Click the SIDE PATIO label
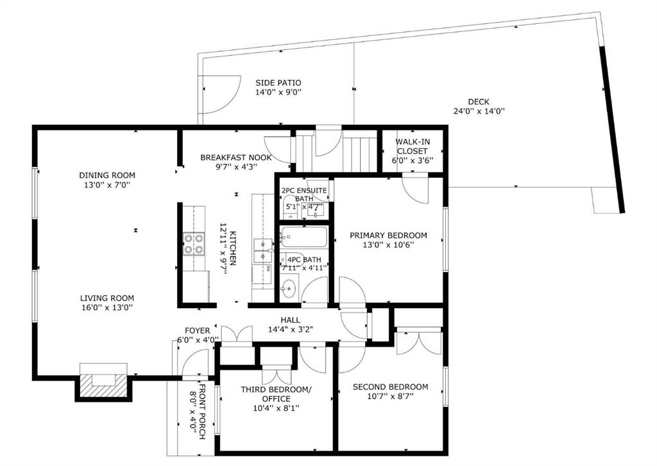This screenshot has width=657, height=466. click(278, 83)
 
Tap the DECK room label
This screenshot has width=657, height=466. click(479, 102)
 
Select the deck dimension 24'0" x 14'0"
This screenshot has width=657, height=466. click(479, 112)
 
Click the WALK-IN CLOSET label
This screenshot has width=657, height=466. click(413, 146)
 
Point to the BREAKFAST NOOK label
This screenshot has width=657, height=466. click(236, 157)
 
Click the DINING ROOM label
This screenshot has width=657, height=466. click(107, 175)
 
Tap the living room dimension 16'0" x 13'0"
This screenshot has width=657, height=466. click(107, 307)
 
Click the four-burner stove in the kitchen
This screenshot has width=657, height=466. click(194, 245)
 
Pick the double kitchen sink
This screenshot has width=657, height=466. click(263, 250)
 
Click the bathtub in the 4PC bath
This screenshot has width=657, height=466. click(303, 237)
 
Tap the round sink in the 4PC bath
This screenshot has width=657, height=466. click(288, 288)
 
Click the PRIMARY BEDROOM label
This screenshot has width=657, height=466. click(388, 236)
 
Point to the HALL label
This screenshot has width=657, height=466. click(291, 320)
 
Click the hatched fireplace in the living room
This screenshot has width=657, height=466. click(104, 385)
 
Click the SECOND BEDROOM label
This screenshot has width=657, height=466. click(391, 387)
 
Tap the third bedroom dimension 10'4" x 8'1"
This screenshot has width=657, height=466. click(276, 408)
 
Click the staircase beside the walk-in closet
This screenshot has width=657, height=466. click(359, 154)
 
